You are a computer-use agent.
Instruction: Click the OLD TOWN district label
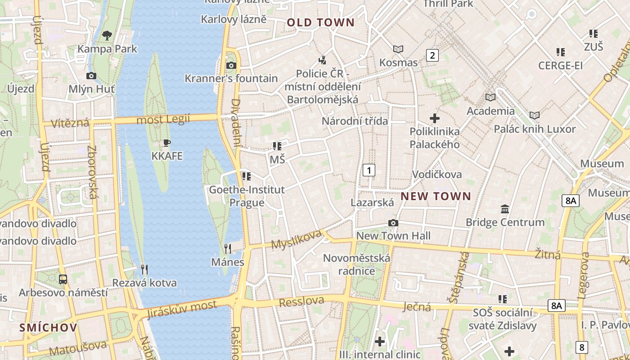[x=321, y=22]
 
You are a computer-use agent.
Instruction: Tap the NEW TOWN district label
[x=436, y=196]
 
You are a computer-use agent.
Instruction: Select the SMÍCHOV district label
[x=48, y=328]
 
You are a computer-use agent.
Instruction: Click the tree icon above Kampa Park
[x=107, y=35]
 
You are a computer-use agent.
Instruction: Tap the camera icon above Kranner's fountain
[x=231, y=65]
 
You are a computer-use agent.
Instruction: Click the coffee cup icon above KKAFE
[x=167, y=143]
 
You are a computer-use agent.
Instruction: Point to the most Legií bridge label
[x=163, y=120]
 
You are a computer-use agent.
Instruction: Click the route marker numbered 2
[x=432, y=55]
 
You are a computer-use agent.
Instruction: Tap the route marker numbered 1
[x=369, y=170]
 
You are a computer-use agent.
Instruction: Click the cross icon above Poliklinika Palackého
[x=435, y=118]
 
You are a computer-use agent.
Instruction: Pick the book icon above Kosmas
[x=398, y=49]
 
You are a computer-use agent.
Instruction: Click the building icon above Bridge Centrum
[x=505, y=209]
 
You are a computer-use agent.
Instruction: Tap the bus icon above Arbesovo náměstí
[x=63, y=279]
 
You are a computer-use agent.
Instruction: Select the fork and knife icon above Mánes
[x=228, y=249]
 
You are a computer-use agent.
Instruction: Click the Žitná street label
[x=548, y=255]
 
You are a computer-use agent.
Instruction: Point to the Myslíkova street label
[x=297, y=239]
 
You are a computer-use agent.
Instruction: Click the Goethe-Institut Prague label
[x=247, y=196]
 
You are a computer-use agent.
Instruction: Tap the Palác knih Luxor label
[x=535, y=129]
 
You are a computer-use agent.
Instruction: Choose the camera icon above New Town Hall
[x=393, y=223]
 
